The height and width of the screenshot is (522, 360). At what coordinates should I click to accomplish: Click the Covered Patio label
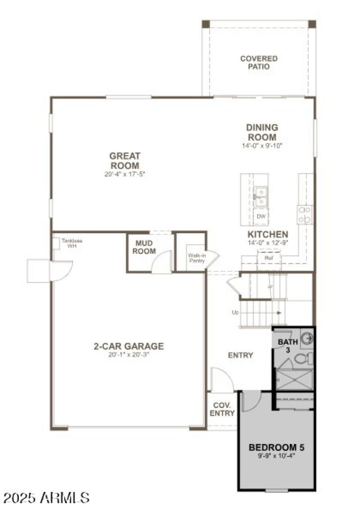pos(259,63)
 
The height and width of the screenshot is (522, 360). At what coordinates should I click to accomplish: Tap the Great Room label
pos(125,161)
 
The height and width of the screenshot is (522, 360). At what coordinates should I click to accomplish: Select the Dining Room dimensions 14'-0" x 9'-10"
pos(261,146)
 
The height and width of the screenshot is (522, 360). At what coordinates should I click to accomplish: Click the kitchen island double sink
pos(261,194)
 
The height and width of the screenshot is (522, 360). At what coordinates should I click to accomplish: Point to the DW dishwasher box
pos(261,217)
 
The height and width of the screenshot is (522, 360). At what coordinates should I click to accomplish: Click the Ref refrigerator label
pos(269,259)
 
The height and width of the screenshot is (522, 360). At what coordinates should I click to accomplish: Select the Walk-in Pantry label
pos(197,258)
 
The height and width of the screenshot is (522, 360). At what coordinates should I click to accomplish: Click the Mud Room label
pos(144,247)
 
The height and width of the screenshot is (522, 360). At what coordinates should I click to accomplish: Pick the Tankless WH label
pos(72,243)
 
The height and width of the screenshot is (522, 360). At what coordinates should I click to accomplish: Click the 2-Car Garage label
pos(129,346)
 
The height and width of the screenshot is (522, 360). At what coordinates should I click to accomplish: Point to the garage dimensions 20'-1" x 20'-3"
pos(129,355)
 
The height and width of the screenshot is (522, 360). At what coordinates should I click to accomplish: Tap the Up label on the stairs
pos(235,312)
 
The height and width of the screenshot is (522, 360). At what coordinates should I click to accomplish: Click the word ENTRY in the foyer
pos(240,355)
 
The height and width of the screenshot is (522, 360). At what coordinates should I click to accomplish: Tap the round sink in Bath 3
pos(306,337)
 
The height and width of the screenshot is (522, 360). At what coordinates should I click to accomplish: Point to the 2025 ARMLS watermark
pos(46,498)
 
